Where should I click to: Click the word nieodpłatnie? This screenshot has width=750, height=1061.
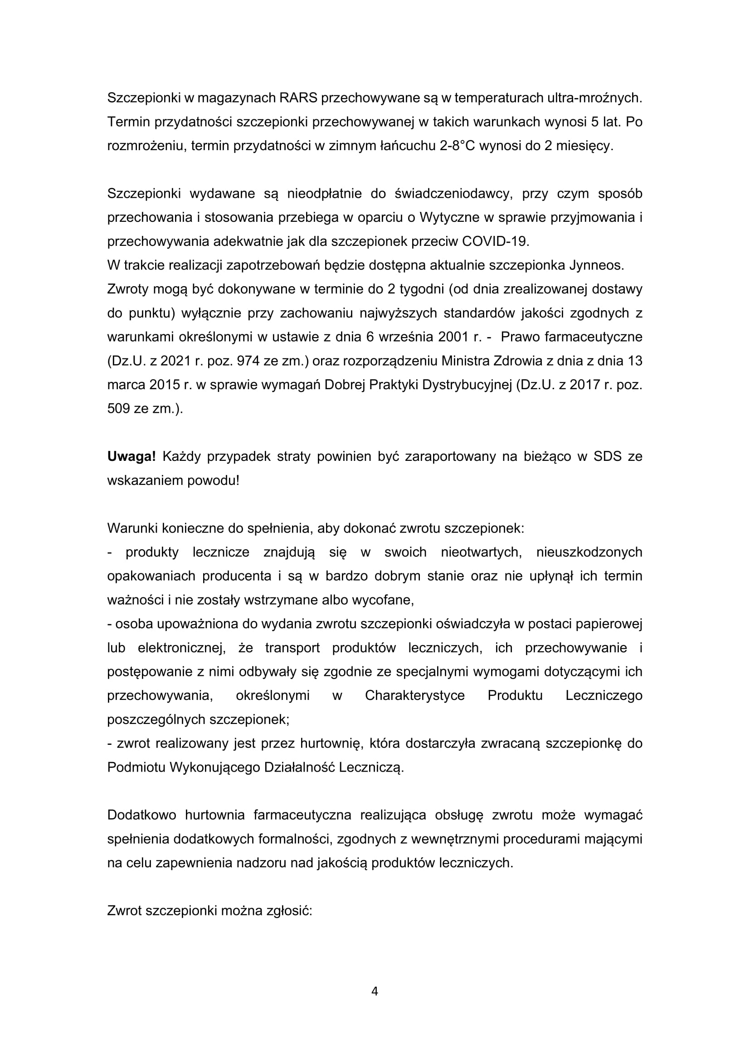tap(324, 194)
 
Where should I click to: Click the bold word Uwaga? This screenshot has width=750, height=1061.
tap(131, 457)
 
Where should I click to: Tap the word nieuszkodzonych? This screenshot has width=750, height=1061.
tap(589, 552)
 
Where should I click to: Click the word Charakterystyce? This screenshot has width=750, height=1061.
tap(415, 695)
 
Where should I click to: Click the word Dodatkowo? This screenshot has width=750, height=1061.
tap(142, 815)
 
